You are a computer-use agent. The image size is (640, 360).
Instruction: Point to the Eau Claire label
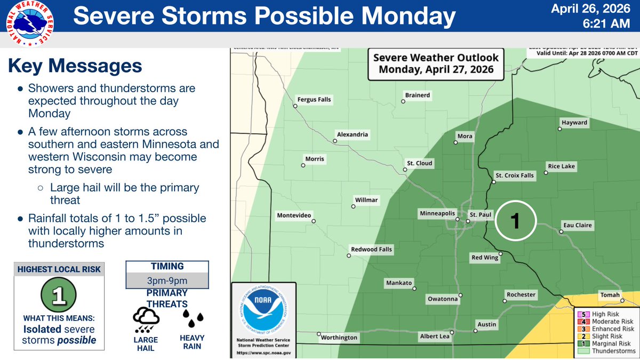[x=578, y=226]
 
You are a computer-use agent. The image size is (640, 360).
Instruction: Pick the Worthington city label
[x=339, y=338]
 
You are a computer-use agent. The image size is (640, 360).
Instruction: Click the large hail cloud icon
[x=145, y=319]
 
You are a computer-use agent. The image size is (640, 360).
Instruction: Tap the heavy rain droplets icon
[x=193, y=319]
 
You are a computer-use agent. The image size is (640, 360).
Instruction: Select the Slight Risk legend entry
[x=606, y=337]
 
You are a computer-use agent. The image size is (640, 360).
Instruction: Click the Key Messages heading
[x=75, y=67]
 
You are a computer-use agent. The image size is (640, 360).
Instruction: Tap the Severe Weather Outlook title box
[x=436, y=63]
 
